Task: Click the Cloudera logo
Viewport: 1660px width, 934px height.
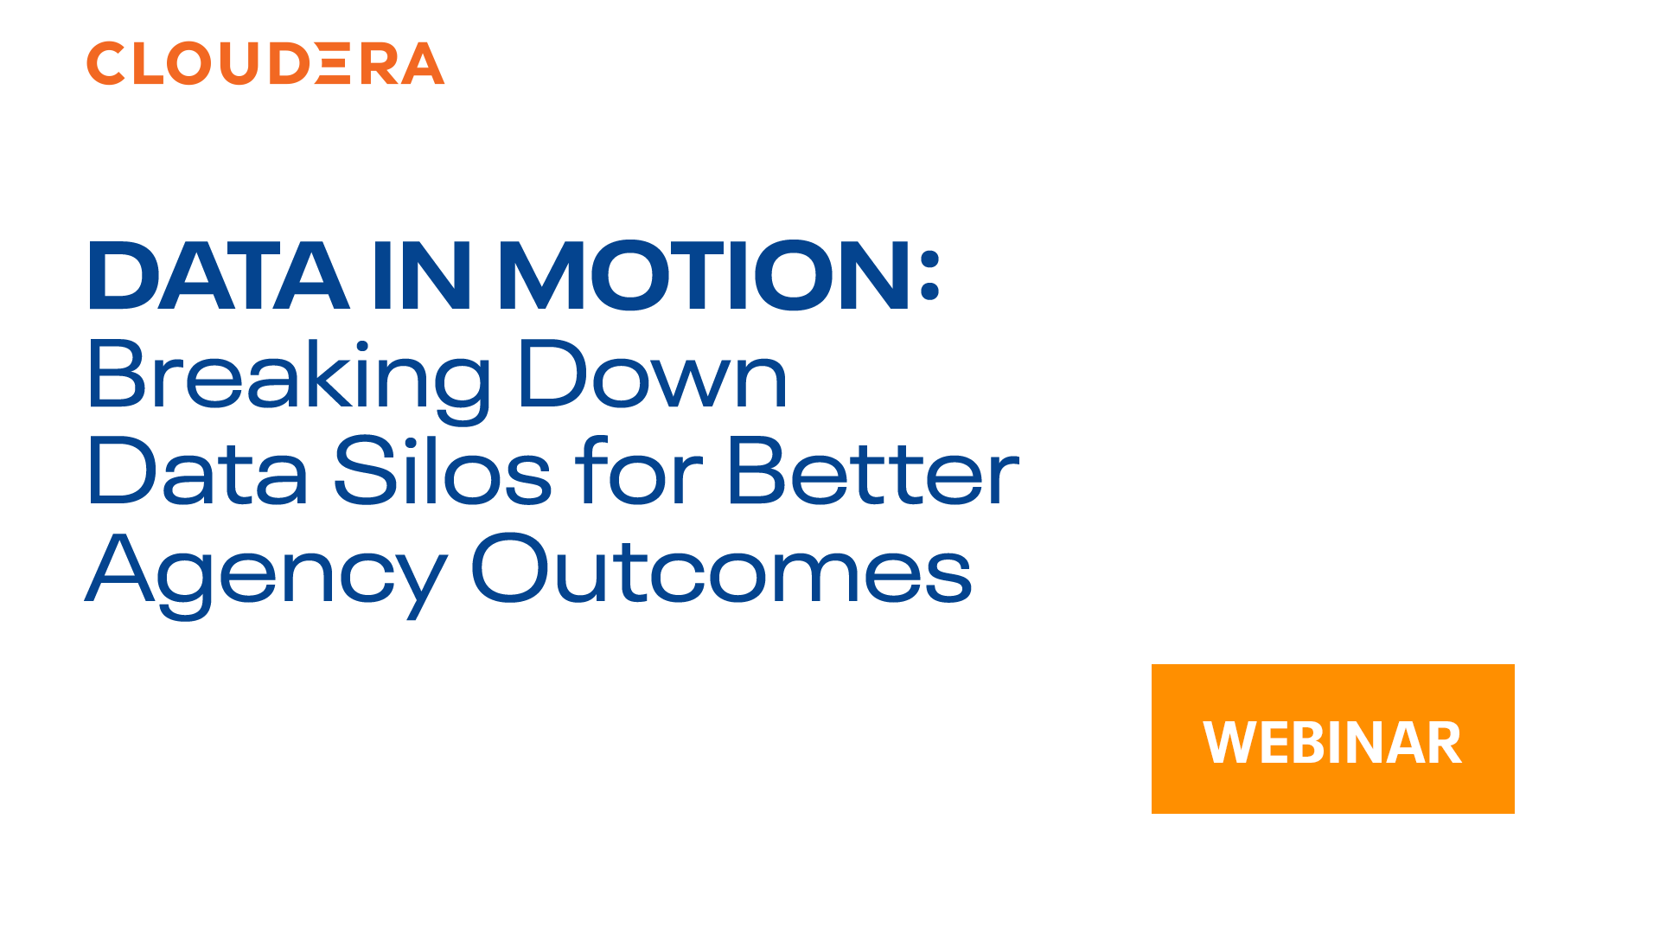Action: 265,63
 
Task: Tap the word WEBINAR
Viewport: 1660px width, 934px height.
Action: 1331,742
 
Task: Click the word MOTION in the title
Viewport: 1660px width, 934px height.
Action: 705,277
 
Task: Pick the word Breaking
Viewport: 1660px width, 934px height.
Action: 290,376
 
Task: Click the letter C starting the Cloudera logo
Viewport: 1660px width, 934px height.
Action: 105,63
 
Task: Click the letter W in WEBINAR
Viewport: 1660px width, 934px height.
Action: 1228,742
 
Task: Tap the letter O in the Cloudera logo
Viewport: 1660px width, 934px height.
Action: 188,63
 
